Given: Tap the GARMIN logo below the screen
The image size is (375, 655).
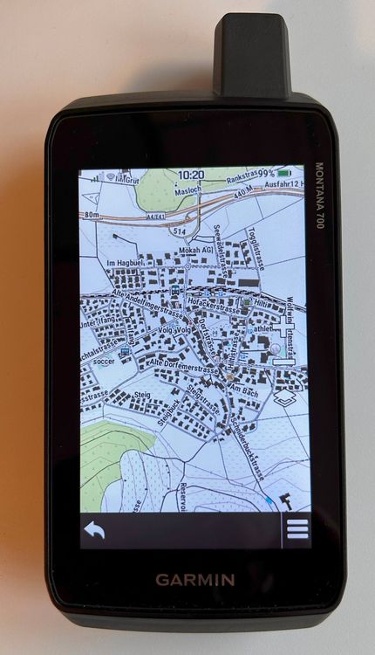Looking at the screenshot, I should tap(194, 579).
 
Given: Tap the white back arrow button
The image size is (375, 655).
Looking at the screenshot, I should tap(93, 530).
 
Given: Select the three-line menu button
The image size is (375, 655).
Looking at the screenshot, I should tap(297, 530).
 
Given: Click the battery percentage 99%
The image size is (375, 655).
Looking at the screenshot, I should tap(264, 174).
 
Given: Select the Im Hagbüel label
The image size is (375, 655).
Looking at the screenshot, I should tap(123, 262).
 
